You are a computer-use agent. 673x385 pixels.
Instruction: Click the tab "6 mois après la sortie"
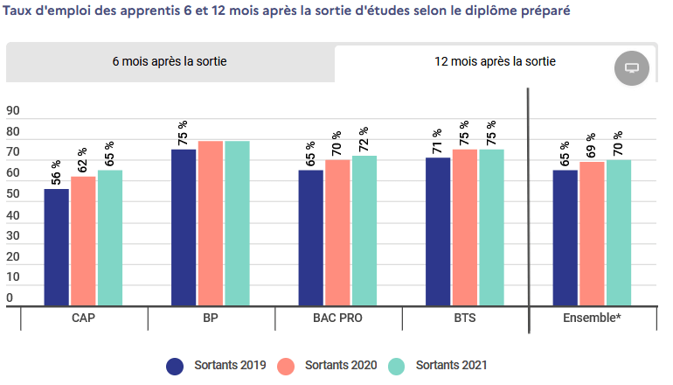[x=170, y=62]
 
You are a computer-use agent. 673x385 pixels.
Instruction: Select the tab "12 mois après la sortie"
[x=496, y=62]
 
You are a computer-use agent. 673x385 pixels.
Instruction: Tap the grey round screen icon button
[x=633, y=67]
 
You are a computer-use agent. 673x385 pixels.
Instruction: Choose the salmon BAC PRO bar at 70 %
[x=337, y=233]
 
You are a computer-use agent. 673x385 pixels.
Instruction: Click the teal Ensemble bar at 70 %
[x=619, y=233]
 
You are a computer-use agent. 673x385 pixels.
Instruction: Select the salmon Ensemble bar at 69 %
[x=592, y=234]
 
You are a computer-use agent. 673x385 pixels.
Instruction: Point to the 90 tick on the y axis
[x=13, y=111]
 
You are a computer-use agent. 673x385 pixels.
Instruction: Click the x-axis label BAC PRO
[x=337, y=318]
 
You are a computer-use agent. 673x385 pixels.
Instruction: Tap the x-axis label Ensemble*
[x=593, y=318]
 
